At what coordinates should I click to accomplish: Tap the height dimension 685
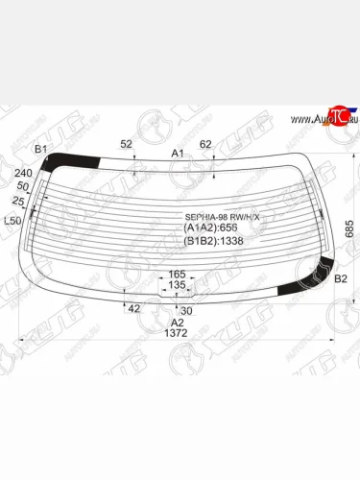click(x=349, y=228)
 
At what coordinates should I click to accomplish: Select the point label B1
click(x=39, y=149)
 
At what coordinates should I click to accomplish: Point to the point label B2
click(x=339, y=279)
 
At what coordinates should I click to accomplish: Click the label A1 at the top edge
click(x=178, y=154)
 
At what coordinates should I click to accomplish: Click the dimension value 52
click(x=126, y=144)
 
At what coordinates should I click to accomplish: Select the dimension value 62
click(x=204, y=145)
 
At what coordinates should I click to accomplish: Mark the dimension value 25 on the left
click(x=18, y=201)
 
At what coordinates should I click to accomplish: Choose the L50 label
click(x=13, y=221)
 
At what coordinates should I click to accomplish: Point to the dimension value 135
click(x=177, y=285)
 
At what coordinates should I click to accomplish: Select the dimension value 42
click(x=133, y=308)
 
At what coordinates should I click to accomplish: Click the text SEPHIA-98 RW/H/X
click(x=222, y=218)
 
